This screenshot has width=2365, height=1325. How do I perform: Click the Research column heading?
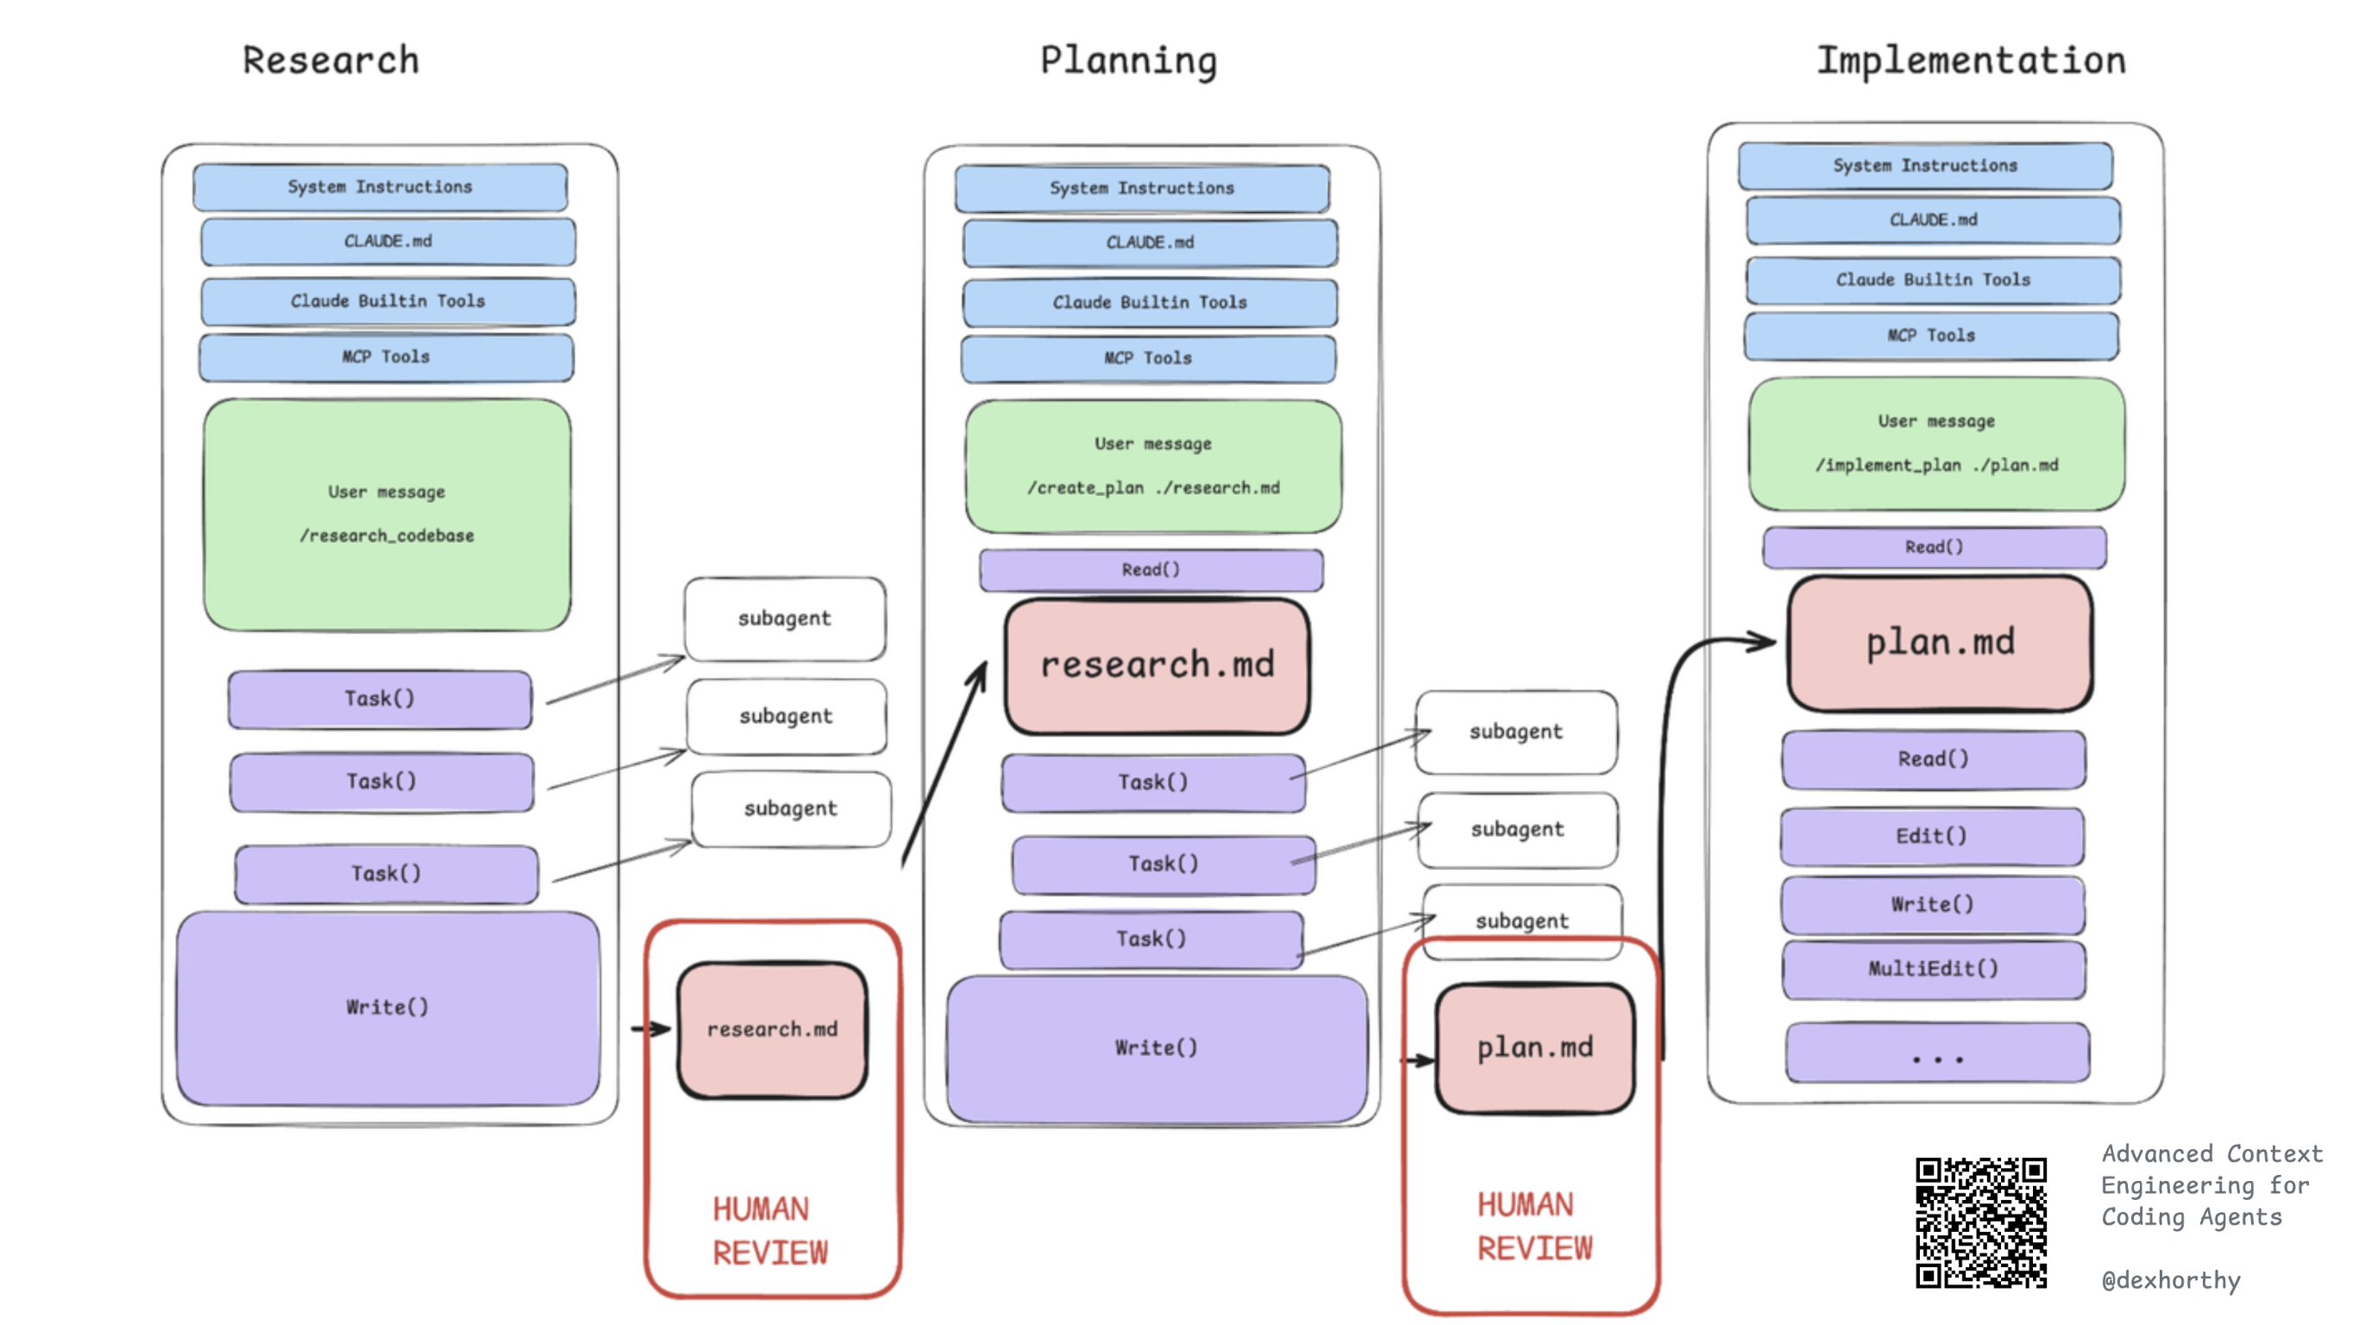tap(330, 60)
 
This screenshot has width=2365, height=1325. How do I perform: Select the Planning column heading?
tap(1128, 60)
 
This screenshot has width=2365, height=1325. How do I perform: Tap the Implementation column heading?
tap(1970, 60)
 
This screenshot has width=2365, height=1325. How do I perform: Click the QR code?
tap(1980, 1222)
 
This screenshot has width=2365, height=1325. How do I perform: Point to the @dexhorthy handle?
tap(2170, 1280)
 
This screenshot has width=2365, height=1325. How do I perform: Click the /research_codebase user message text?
tap(386, 536)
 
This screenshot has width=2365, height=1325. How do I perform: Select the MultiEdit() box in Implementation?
tap(1933, 969)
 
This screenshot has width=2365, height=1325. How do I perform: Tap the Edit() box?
tap(1932, 836)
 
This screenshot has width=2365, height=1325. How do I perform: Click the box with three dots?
tap(1937, 1054)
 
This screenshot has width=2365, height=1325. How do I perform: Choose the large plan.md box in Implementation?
tap(1940, 643)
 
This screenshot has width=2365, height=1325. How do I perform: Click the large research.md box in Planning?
tap(1157, 666)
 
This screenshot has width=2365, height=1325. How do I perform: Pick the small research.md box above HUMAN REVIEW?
tap(772, 1029)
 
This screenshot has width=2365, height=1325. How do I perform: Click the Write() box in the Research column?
tap(387, 1008)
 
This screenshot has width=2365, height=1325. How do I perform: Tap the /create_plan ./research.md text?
tap(1153, 487)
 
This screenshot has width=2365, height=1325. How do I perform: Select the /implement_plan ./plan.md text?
tap(1936, 466)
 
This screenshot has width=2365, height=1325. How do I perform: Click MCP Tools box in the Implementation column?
tap(1931, 336)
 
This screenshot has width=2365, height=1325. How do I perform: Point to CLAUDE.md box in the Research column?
tap(387, 242)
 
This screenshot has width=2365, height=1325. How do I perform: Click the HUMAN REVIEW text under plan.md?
tap(1534, 1226)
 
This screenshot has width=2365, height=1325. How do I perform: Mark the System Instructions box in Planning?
tap(1141, 188)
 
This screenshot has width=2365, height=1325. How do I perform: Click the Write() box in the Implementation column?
tap(1932, 904)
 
